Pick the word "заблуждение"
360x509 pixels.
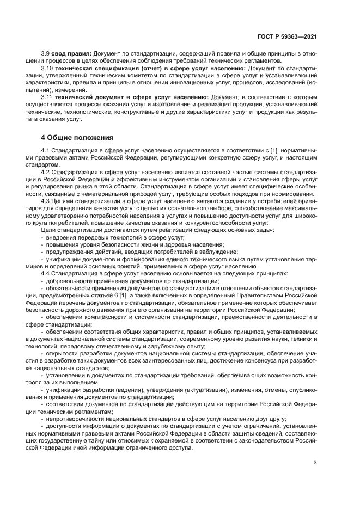(220, 252)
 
